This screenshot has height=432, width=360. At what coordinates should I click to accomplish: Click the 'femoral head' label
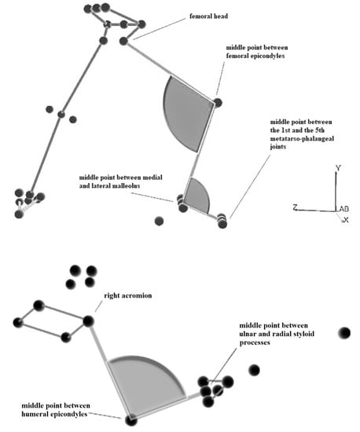click(208, 16)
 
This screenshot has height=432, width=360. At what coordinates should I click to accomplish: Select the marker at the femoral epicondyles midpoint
click(218, 103)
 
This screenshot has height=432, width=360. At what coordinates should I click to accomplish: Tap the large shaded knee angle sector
click(187, 114)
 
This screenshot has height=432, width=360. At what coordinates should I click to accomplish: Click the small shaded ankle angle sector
click(198, 195)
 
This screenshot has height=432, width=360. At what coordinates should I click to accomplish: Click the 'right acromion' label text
click(128, 295)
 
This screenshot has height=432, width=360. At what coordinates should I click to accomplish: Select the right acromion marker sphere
click(88, 321)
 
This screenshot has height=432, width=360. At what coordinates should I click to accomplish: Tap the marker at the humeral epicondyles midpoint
click(131, 420)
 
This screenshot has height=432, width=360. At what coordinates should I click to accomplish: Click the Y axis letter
click(338, 167)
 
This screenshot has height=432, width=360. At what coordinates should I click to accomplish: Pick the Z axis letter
click(296, 207)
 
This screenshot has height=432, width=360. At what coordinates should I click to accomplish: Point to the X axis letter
click(346, 220)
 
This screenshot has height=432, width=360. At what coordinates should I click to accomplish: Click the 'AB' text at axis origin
click(343, 209)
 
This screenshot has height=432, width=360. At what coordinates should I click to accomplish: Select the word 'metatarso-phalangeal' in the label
click(302, 138)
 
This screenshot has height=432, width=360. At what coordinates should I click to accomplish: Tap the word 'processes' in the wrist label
click(255, 342)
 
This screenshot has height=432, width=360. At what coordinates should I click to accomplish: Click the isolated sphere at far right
click(344, 333)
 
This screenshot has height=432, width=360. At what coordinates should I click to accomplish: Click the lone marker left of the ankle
click(159, 221)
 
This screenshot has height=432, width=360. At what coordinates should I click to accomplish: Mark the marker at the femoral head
click(123, 41)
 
